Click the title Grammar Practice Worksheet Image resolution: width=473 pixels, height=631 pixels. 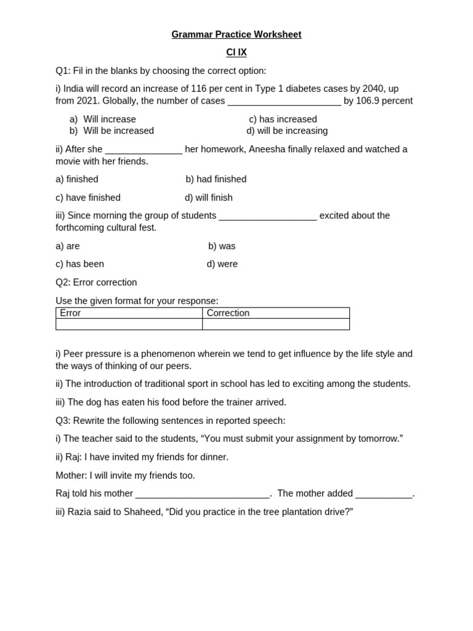point(236,35)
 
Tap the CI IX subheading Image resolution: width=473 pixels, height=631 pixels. point(236,53)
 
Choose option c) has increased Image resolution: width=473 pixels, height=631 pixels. point(283,119)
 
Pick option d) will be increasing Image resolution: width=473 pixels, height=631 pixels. point(287,131)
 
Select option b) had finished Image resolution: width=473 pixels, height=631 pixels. point(216,179)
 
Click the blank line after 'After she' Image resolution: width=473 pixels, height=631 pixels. point(144,150)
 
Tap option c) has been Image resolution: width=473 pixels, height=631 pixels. point(79,264)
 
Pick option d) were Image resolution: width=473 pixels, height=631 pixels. point(222,264)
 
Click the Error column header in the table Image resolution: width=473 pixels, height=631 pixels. point(70,313)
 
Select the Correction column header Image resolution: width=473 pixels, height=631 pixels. point(228,313)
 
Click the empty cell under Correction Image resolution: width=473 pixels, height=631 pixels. point(275,324)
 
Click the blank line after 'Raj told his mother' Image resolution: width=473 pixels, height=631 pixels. point(202,494)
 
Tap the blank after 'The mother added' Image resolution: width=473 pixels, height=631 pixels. point(384,494)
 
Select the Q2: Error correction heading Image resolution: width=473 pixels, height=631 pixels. point(96,282)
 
